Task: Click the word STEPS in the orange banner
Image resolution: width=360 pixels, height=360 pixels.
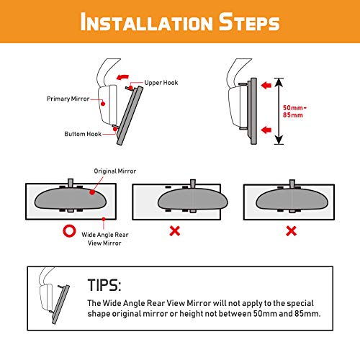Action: [249, 22]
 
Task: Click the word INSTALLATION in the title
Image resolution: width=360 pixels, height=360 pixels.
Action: [146, 22]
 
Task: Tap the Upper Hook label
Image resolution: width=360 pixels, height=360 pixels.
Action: [161, 83]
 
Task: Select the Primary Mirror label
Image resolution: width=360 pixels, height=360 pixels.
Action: [68, 99]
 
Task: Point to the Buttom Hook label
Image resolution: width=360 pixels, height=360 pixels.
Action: [83, 134]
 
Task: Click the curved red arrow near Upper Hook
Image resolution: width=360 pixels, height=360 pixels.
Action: [122, 77]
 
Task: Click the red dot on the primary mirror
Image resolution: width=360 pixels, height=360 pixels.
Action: [103, 104]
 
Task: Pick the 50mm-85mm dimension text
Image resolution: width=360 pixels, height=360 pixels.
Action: [294, 112]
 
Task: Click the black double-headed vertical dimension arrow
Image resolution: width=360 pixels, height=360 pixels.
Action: [279, 111]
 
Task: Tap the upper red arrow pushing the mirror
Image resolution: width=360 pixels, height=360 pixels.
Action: [266, 85]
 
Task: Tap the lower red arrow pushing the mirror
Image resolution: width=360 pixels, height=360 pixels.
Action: [266, 130]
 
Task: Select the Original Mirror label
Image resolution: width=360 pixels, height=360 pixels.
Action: [115, 171]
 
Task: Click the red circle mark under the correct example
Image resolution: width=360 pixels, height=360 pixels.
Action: [69, 231]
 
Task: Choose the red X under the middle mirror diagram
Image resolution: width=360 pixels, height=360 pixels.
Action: [175, 231]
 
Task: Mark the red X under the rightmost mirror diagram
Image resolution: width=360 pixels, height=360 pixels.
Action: [291, 231]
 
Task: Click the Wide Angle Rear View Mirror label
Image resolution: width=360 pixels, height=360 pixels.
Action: [105, 239]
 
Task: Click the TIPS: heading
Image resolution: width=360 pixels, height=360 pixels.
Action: [104, 285]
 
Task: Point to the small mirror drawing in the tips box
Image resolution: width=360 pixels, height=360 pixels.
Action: [54, 296]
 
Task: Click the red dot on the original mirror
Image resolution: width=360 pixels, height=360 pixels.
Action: [92, 192]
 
